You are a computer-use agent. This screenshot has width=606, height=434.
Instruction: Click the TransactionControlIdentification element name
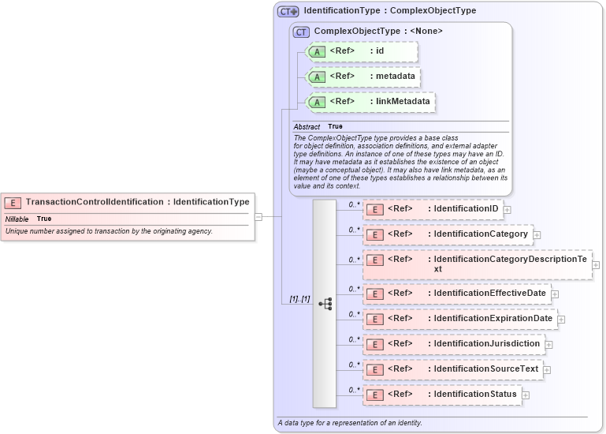point(95,202)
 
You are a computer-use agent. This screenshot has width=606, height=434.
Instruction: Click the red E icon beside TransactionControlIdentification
point(13,202)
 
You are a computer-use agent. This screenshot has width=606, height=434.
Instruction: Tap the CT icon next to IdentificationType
point(288,12)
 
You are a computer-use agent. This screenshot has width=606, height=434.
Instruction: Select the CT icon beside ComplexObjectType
point(300,32)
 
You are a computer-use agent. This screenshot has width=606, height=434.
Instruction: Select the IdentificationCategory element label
point(480,234)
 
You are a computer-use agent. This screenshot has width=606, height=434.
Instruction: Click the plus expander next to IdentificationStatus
point(526,395)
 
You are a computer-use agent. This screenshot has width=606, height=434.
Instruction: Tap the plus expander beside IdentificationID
point(507,209)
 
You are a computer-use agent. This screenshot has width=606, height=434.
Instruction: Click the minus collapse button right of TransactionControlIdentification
point(258,216)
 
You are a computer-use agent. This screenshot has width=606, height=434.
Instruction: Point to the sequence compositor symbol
point(325,303)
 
